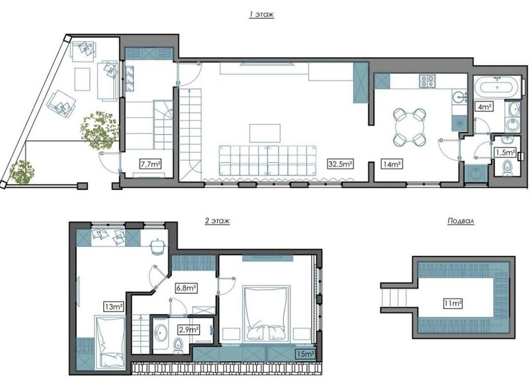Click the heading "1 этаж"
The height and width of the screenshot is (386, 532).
261,15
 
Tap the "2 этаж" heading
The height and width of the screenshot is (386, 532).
218,221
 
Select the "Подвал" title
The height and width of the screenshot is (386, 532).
461,221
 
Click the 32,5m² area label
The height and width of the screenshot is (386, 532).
340,164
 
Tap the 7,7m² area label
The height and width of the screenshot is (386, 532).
150,164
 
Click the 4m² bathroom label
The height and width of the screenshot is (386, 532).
485,107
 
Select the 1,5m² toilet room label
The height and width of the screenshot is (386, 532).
505,152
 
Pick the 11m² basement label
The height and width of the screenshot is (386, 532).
453,303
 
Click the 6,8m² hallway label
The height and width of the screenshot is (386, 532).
186,288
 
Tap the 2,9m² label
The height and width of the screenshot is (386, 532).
188,329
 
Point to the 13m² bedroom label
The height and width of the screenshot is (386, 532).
114,307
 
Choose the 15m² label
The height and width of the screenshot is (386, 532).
305,354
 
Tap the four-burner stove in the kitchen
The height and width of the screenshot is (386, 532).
427,81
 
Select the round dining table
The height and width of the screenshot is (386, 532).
410,127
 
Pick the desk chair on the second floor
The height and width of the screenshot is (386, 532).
158,246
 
